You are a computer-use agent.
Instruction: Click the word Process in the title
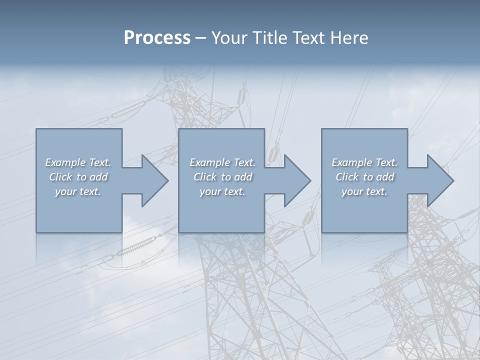point(157,38)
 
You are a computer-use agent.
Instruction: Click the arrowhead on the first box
point(152,180)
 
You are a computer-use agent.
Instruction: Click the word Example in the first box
point(65,162)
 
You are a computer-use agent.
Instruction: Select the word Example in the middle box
point(210,162)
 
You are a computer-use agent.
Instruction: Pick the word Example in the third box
point(352,162)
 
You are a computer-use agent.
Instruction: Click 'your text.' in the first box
point(78,191)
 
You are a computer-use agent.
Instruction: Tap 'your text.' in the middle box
point(222,191)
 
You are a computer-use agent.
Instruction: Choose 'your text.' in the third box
point(364,191)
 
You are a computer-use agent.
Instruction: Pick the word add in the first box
point(99,177)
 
